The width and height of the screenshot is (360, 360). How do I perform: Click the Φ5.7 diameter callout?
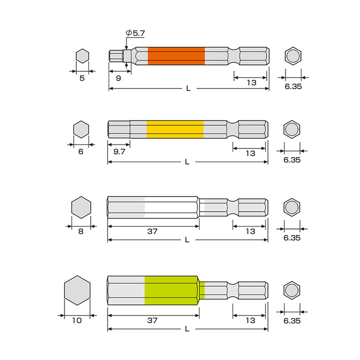pos(135,33)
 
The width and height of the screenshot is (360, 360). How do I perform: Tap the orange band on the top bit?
pos(176,56)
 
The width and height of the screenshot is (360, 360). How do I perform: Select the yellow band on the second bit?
pos(175,129)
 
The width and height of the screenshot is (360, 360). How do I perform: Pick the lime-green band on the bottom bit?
pos(171,290)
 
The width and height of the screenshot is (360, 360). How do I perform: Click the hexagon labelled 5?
pos(82,56)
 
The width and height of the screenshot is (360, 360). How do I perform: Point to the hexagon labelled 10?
pos(77,290)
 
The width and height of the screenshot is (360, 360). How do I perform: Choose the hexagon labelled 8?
pos(81,207)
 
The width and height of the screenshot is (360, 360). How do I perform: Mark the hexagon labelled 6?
pos(81,129)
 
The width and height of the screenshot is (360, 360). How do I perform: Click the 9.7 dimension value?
pos(119,151)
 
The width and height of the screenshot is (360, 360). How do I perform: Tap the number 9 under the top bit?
pos(118,78)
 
